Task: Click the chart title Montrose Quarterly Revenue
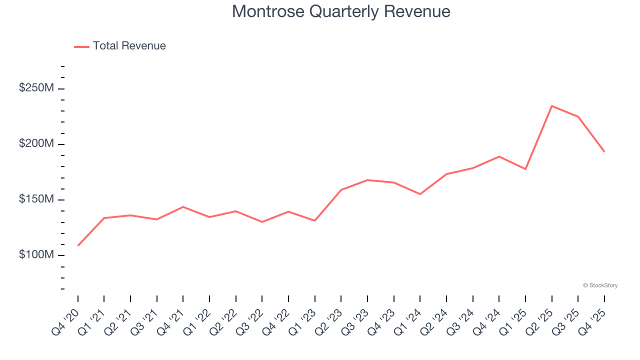(x=341, y=11)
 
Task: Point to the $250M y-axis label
(x=36, y=88)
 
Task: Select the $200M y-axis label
(x=36, y=143)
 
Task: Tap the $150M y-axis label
(x=36, y=199)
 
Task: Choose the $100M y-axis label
(x=36, y=254)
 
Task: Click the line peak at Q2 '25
(x=551, y=106)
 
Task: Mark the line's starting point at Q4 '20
(x=78, y=245)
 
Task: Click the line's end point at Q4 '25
(x=604, y=151)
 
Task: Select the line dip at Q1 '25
(x=525, y=169)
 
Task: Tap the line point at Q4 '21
(x=183, y=207)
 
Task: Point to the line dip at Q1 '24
(x=420, y=194)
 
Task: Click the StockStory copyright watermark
(x=600, y=285)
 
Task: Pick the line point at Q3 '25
(x=578, y=116)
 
